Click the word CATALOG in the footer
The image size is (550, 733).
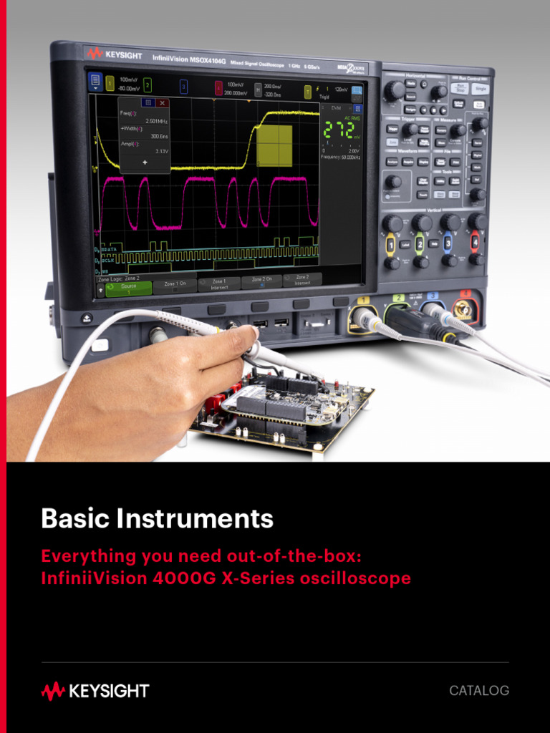(x=479, y=691)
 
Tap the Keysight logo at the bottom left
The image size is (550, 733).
(x=95, y=691)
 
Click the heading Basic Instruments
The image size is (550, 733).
(x=157, y=518)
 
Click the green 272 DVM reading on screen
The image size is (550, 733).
(x=339, y=130)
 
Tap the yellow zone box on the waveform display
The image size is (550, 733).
(x=274, y=145)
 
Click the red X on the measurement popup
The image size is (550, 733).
(x=163, y=103)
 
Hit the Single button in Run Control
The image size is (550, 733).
(x=479, y=88)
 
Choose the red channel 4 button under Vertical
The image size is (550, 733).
(x=474, y=241)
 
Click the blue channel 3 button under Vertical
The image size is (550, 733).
(x=447, y=243)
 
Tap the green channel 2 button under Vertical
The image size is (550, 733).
(x=420, y=243)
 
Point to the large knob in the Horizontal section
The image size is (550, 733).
(x=393, y=91)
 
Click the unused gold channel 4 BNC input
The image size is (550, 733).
(x=465, y=309)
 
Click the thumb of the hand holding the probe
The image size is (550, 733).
(x=222, y=339)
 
